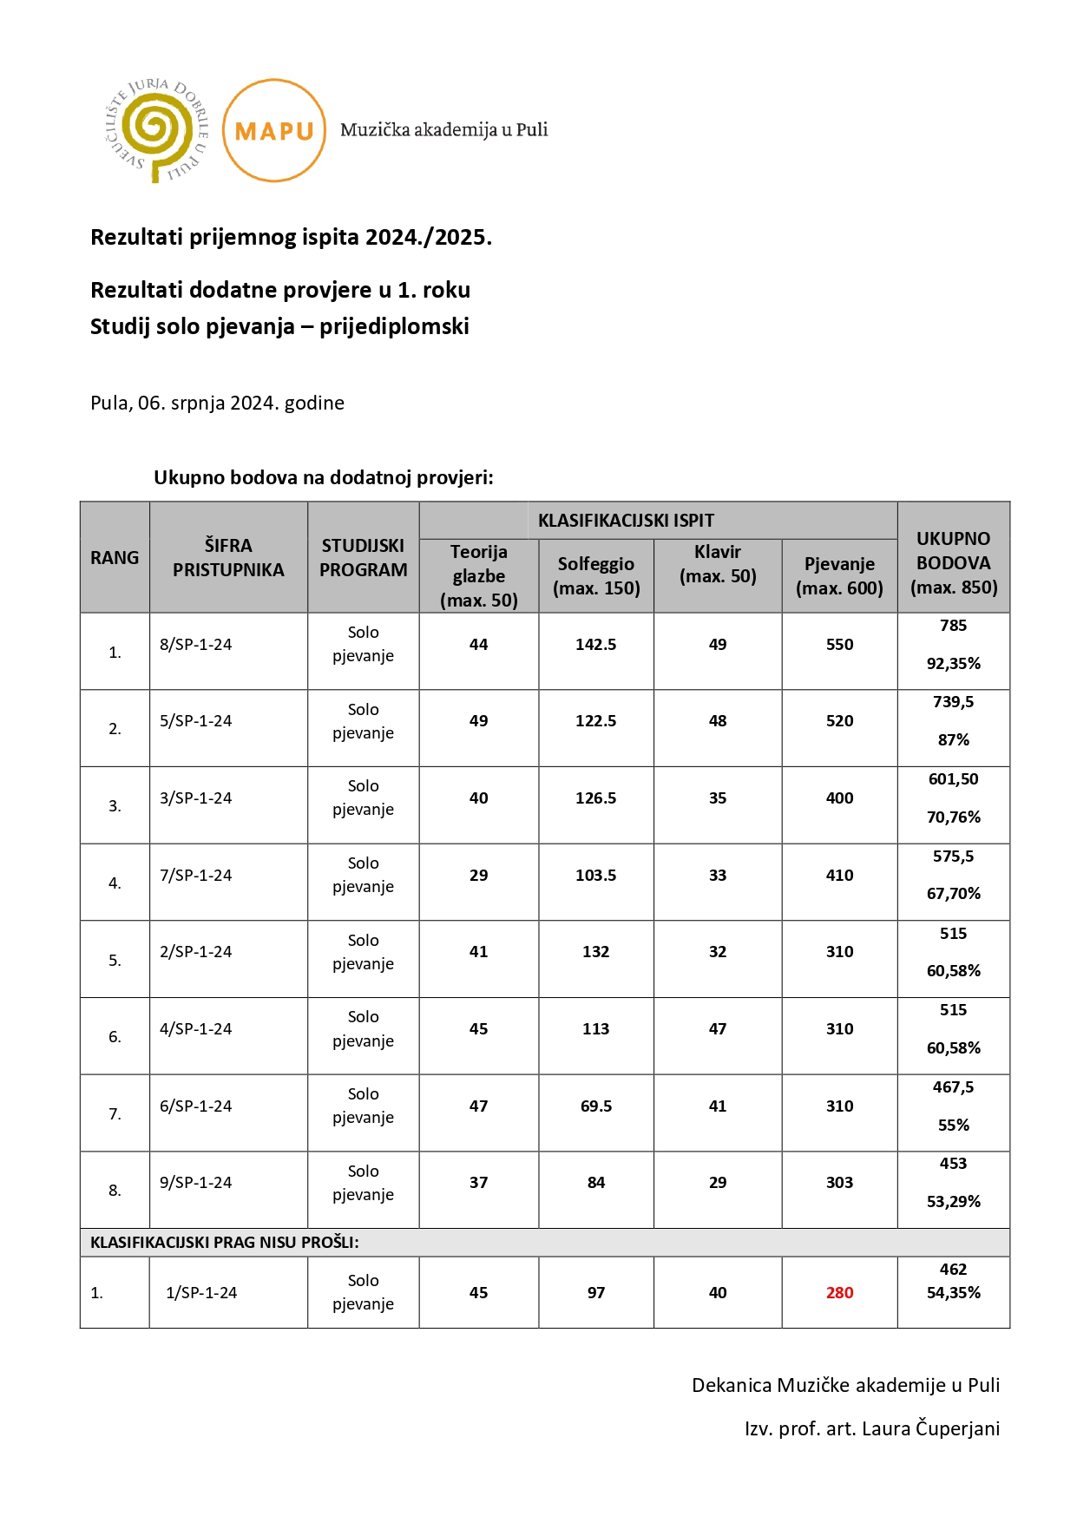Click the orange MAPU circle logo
point(274,130)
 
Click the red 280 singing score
point(839,1292)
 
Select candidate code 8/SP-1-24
point(196,645)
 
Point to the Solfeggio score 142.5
point(595,645)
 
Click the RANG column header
point(115,558)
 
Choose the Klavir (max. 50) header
point(718,563)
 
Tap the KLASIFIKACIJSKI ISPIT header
point(626,521)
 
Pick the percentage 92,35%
point(953,664)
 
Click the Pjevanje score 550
point(839,645)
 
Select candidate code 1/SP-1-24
point(201,1292)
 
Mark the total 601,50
point(953,779)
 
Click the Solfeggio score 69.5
point(595,1106)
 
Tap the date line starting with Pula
point(217,403)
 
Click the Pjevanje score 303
point(839,1182)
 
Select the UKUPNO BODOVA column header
point(953,562)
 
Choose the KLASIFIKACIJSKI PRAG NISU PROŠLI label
point(224,1242)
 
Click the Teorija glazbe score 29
point(478,875)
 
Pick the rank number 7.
point(115,1113)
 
